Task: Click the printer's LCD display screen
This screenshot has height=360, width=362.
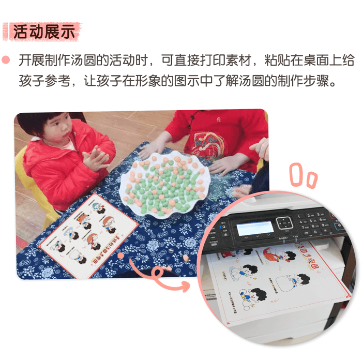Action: (254, 228)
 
